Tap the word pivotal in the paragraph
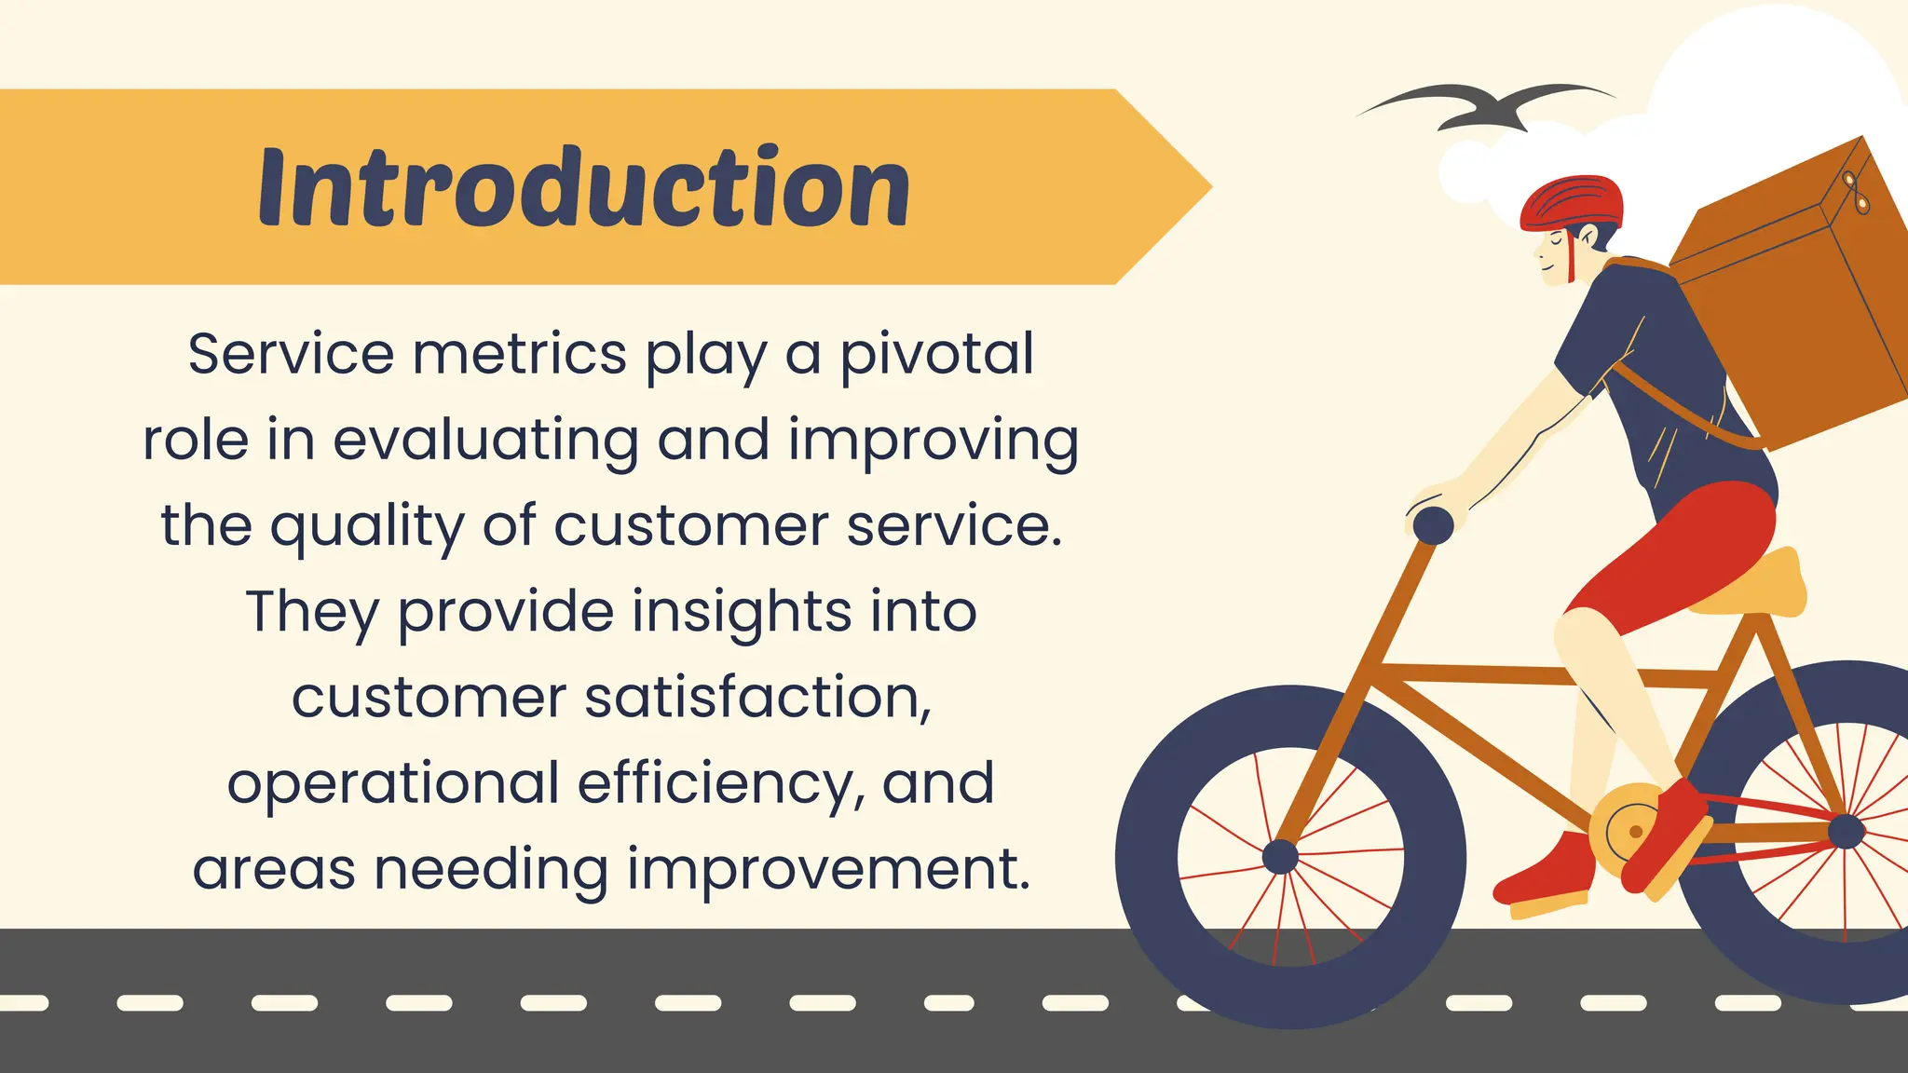pos(937,354)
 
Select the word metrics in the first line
pos(520,354)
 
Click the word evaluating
pos(485,441)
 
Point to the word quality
pos(369,527)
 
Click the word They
pos(312,612)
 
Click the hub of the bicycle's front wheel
pos(1280,856)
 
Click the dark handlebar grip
pos(1433,525)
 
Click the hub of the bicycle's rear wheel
pos(1846,831)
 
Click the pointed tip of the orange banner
pos(1202,187)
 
